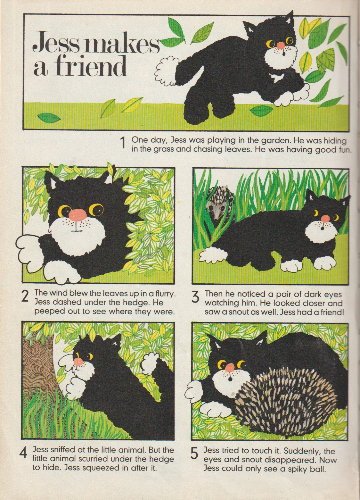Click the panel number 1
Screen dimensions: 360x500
tap(122, 143)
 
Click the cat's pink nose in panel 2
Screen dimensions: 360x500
tap(78, 215)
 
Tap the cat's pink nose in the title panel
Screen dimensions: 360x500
tap(280, 46)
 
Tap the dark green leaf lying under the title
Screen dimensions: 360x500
tap(48, 117)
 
